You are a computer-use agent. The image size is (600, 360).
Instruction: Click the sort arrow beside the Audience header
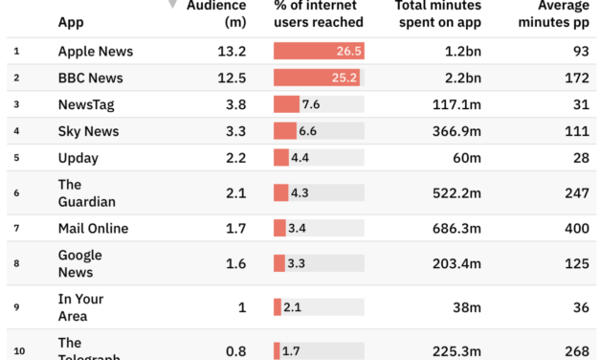coord(172,5)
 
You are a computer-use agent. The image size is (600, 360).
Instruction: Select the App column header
coord(70,21)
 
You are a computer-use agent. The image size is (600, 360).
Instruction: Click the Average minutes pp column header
coord(555,13)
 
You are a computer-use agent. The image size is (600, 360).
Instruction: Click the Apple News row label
coord(96,51)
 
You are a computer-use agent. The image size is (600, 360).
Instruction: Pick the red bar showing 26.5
coord(318,51)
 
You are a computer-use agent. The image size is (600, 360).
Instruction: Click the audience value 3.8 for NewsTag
coord(234,104)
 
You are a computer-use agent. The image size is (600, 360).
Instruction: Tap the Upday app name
coord(78,158)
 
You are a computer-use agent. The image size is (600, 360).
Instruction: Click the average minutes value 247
coord(577,193)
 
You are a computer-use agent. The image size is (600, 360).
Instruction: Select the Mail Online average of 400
coord(577,228)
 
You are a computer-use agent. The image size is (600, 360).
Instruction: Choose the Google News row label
coord(80,263)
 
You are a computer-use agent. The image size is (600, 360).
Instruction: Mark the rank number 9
coord(16,307)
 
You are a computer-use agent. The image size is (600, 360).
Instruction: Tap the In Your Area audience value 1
coord(242,307)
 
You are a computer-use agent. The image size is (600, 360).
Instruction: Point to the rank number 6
coord(16,193)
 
